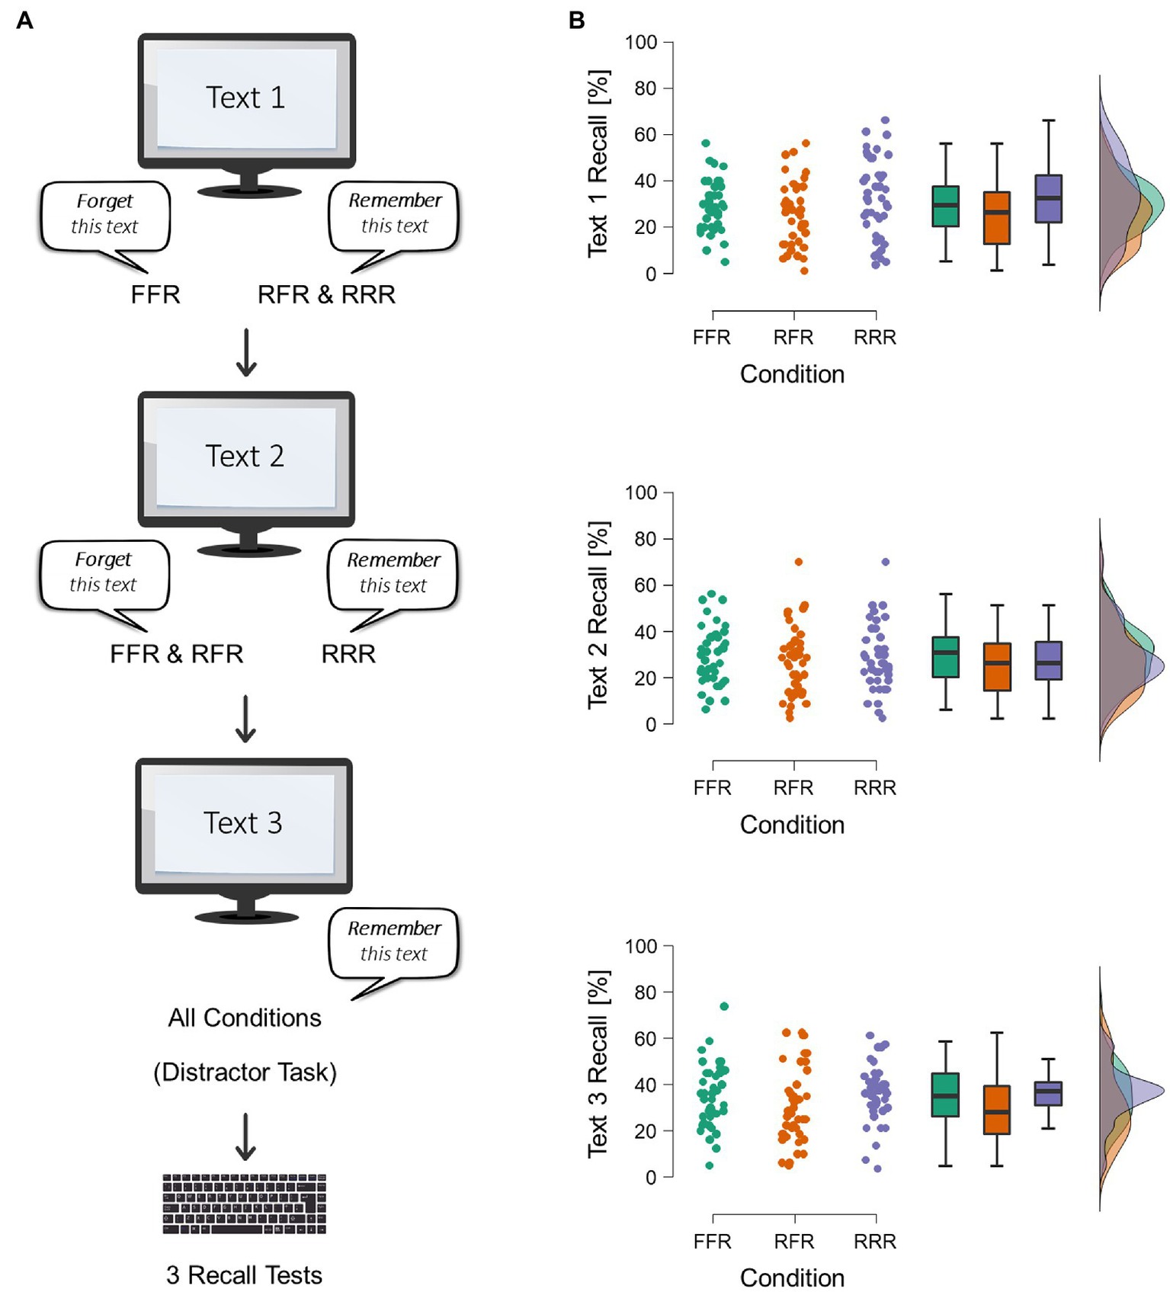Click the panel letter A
(24, 21)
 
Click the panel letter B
(577, 21)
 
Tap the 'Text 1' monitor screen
(245, 98)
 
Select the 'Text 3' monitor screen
(243, 823)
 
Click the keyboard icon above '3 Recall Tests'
(244, 1204)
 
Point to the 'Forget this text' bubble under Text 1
(105, 215)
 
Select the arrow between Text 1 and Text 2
(245, 352)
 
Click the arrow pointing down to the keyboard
(245, 1137)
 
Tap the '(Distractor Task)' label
(245, 1072)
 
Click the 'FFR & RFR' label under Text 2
(176, 653)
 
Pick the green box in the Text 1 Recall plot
(945, 206)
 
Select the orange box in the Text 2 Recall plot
(997, 667)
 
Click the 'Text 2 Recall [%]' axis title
(598, 615)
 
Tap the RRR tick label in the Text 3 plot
(874, 1241)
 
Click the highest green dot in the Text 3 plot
(724, 1006)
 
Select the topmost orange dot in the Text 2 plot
(798, 562)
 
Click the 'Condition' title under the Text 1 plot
(792, 374)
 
